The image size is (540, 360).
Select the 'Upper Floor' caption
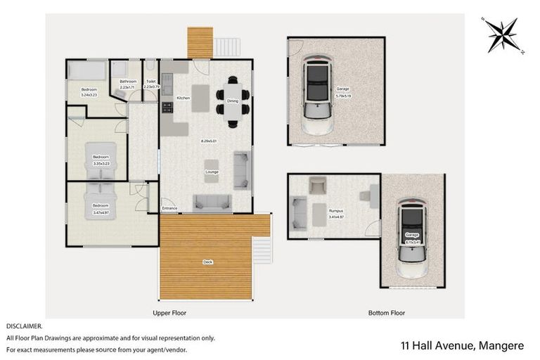[169, 312]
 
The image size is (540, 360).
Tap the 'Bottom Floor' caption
[386, 312]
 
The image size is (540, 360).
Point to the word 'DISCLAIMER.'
[25, 327]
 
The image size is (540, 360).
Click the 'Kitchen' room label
[184, 98]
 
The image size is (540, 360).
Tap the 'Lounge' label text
[212, 172]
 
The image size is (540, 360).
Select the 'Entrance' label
[169, 208]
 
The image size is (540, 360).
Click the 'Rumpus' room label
[337, 212]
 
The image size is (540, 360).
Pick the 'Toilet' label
[150, 82]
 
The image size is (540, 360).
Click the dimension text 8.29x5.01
[208, 141]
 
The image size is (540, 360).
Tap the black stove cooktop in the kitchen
[167, 108]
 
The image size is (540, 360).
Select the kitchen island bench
[201, 97]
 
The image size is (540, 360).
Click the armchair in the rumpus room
[317, 185]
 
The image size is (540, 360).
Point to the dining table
[233, 100]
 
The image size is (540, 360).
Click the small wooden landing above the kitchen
[200, 43]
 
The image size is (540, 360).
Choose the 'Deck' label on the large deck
[207, 262]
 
